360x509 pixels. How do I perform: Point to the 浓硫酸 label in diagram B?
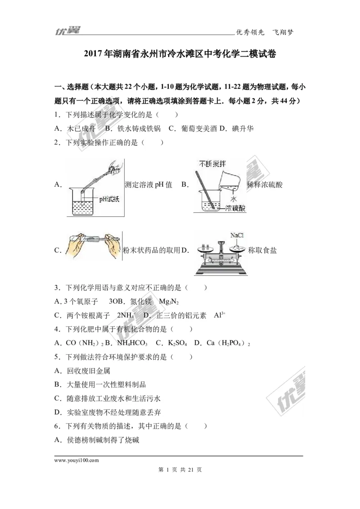pos(236,208)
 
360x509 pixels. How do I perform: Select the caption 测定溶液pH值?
pos(148,185)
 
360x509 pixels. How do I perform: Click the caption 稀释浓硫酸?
pos(265,185)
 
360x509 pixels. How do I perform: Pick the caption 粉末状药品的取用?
pos(152,250)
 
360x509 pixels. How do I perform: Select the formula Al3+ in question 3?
pos(220,315)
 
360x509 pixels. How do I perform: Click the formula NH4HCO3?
pos(132,343)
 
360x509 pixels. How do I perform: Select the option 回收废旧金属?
pos(89,371)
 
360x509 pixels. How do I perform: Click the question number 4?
pos(56,329)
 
